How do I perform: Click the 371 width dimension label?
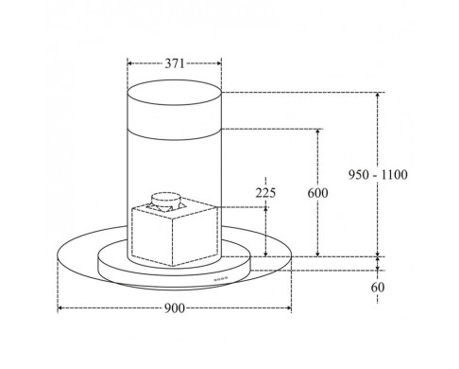coord(175,63)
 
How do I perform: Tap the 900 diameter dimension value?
coord(175,308)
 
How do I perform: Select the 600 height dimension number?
coord(317,193)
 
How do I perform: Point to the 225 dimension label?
coord(265,193)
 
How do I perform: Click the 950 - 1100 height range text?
coord(378,174)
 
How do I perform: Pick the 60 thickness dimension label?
coord(378,288)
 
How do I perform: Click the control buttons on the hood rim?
coord(221,278)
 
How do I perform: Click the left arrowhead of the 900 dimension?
coord(60,307)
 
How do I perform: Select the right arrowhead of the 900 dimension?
coord(289,307)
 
